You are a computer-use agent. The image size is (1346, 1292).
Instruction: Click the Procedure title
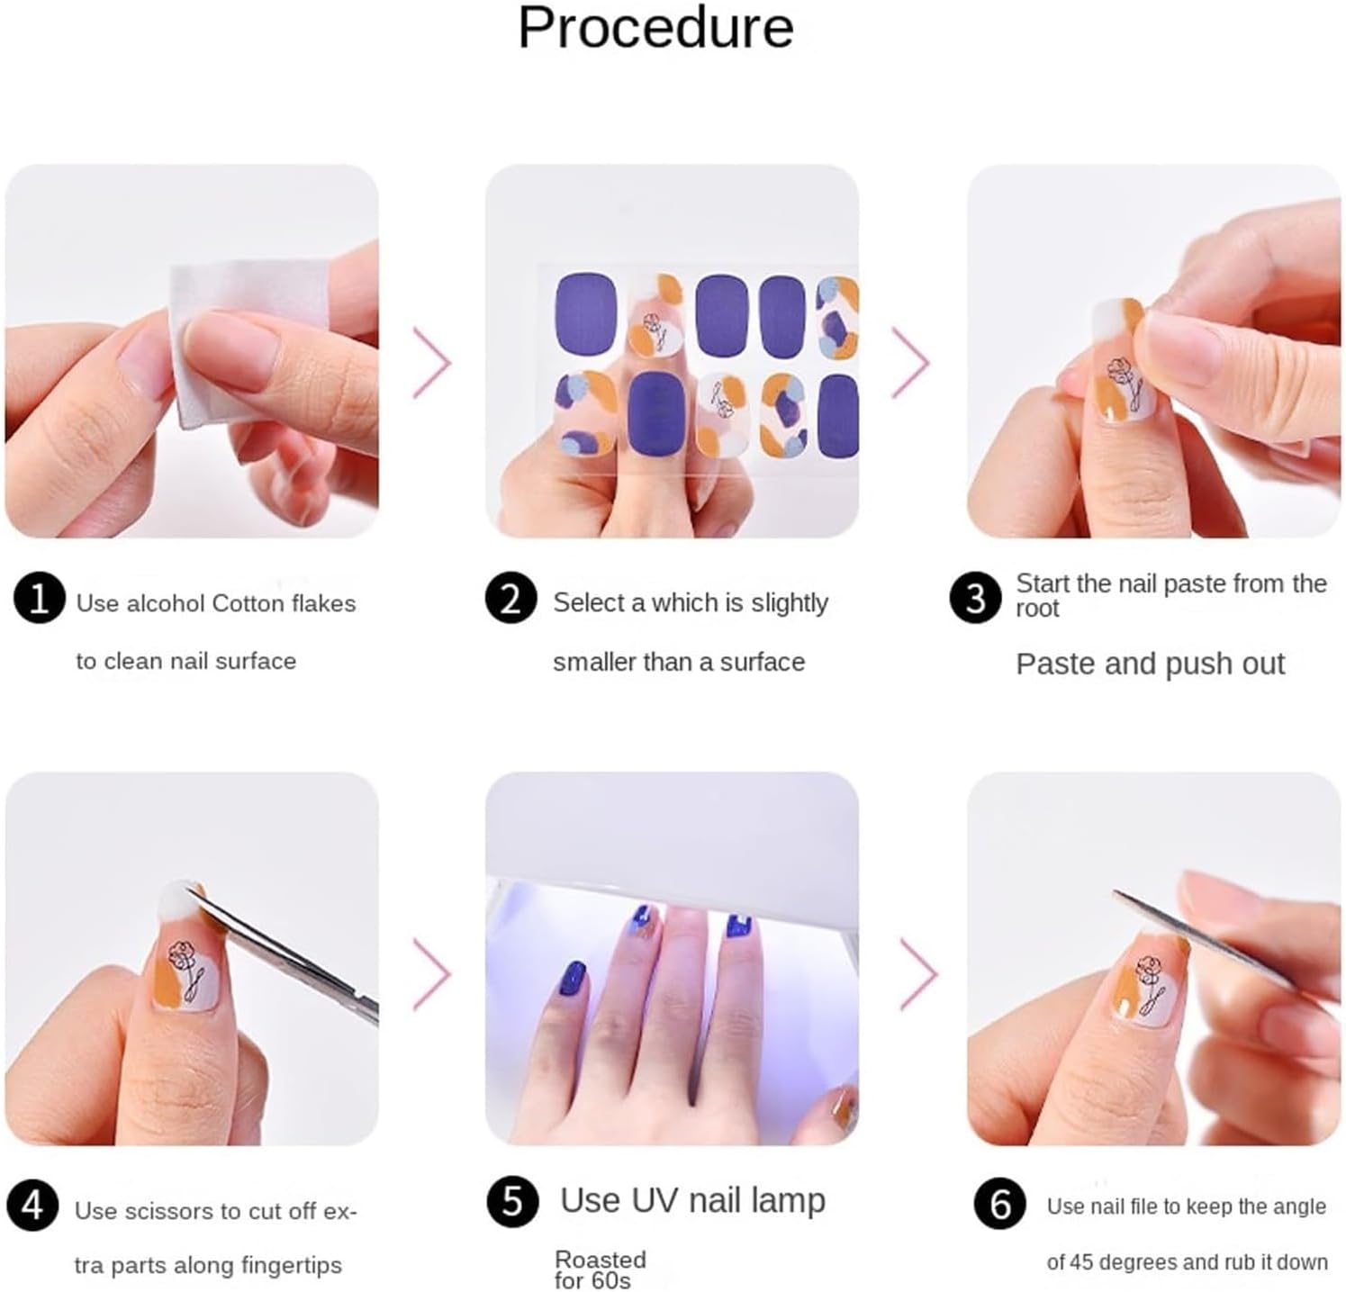655,27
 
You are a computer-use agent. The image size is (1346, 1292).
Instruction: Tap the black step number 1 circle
40,599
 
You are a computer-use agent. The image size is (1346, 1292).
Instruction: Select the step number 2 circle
510,599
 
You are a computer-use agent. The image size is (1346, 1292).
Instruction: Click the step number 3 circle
975,598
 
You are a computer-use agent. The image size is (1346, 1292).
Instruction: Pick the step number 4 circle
32,1205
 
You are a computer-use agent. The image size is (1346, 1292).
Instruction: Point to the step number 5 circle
512,1201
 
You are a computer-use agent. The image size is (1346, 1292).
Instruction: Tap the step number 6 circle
999,1204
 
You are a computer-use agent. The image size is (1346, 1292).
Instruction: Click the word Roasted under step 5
601,1259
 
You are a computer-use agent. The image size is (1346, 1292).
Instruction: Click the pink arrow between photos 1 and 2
432,362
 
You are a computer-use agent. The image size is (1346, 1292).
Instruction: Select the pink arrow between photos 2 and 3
911,362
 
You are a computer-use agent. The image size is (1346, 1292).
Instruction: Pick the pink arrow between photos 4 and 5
432,973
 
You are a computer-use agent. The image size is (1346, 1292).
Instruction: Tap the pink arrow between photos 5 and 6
919,973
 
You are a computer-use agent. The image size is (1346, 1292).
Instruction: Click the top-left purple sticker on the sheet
585,313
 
